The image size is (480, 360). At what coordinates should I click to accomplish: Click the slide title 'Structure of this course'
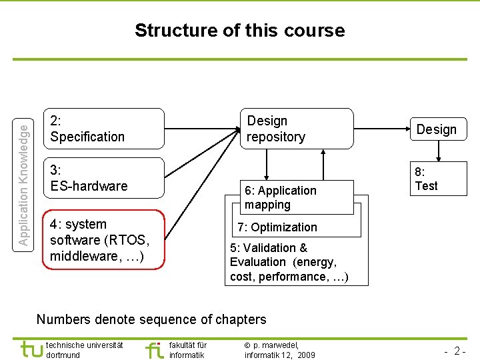point(239,31)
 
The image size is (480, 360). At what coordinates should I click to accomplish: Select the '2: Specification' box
point(103,128)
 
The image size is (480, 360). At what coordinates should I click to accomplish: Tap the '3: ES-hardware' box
point(103,178)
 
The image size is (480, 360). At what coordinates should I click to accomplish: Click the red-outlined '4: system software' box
point(103,239)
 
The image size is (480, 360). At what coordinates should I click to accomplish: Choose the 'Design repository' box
point(296,128)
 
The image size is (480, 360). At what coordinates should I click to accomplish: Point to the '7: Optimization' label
point(277,227)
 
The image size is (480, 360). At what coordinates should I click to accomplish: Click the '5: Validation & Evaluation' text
point(289,262)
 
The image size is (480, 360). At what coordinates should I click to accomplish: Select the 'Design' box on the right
point(437,129)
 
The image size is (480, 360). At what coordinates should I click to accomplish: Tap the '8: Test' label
point(426,179)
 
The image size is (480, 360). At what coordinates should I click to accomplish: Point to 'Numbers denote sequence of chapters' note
point(151,319)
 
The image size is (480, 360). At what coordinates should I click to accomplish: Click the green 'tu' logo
point(31,349)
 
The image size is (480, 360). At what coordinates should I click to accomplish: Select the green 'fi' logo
point(154,349)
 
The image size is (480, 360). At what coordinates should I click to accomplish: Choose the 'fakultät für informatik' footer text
point(187,349)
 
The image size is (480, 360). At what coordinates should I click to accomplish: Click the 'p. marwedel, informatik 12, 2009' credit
point(279,349)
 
